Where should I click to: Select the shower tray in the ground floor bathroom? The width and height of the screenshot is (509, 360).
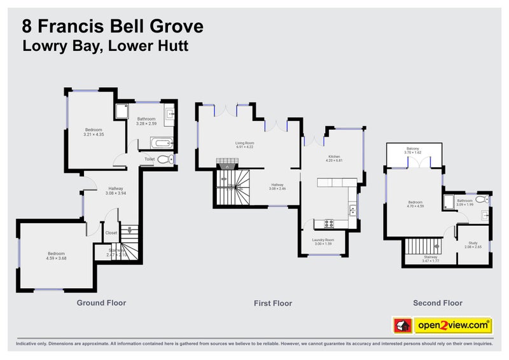121,113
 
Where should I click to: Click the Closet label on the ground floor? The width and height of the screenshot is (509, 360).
111,233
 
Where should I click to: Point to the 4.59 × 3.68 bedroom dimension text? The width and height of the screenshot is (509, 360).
57,258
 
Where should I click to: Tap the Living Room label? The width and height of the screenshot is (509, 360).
244,143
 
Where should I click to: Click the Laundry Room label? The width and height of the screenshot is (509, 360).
323,240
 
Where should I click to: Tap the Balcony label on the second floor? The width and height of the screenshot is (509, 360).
413,149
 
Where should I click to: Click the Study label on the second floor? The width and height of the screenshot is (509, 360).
473,242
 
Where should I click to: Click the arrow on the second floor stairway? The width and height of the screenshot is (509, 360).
438,244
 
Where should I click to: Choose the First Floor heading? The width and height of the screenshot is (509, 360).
273,303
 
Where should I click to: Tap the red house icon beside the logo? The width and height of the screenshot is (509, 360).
402,325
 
